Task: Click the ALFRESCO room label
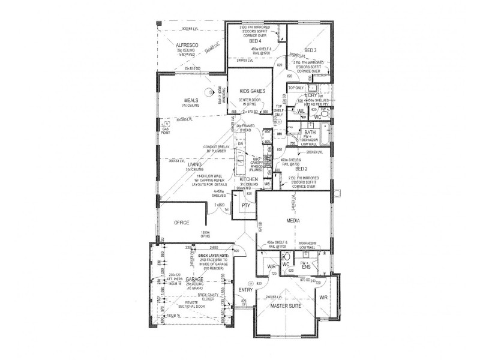click(187, 46)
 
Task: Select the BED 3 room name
click(311, 50)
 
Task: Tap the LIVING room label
click(194, 164)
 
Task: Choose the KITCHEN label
click(249, 179)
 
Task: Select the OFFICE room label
click(182, 222)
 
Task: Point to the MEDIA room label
click(293, 221)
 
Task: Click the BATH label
click(310, 133)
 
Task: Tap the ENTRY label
click(247, 290)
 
